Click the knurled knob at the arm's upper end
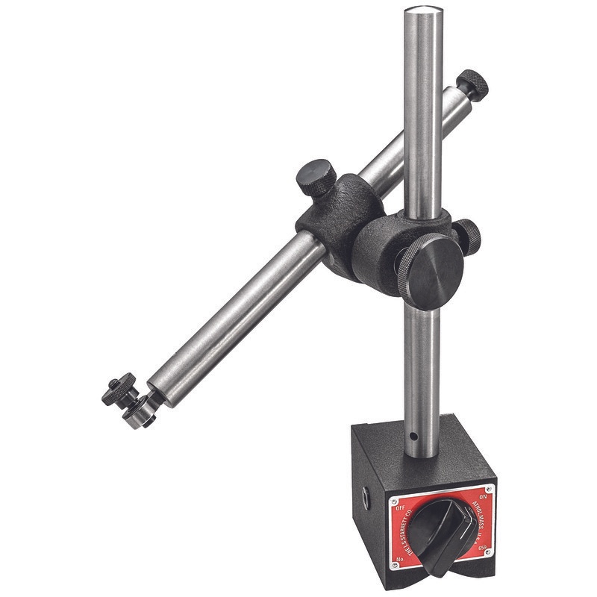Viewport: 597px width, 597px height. [473, 83]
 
